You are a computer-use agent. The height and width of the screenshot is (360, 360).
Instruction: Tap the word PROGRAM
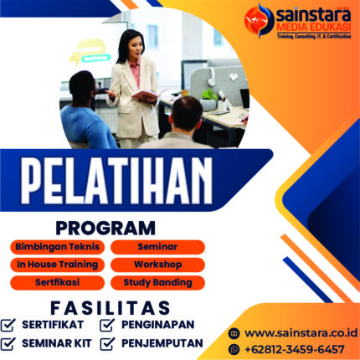click(105, 227)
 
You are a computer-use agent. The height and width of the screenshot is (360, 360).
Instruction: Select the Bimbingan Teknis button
click(58, 246)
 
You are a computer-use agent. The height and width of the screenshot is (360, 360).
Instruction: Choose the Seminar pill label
click(158, 246)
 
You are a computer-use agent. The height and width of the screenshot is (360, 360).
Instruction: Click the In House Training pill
click(58, 265)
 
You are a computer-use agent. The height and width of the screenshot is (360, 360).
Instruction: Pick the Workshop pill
click(158, 265)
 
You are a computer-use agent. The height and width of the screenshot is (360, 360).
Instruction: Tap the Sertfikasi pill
click(58, 283)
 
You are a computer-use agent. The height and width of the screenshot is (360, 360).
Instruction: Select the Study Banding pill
click(158, 283)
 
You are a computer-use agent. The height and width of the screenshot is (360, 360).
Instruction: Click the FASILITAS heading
click(110, 306)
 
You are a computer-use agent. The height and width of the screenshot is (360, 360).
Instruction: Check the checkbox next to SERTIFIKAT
click(9, 326)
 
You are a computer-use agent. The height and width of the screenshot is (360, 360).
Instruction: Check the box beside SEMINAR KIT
click(9, 343)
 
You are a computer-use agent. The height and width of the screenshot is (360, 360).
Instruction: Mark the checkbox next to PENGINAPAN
click(108, 326)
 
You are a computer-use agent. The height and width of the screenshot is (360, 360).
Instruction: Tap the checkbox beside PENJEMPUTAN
click(108, 343)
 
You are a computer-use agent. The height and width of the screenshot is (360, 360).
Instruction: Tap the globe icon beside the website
click(234, 332)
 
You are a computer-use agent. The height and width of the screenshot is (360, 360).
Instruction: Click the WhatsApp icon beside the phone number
click(234, 348)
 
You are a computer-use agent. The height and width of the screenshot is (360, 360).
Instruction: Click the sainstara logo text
click(309, 15)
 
